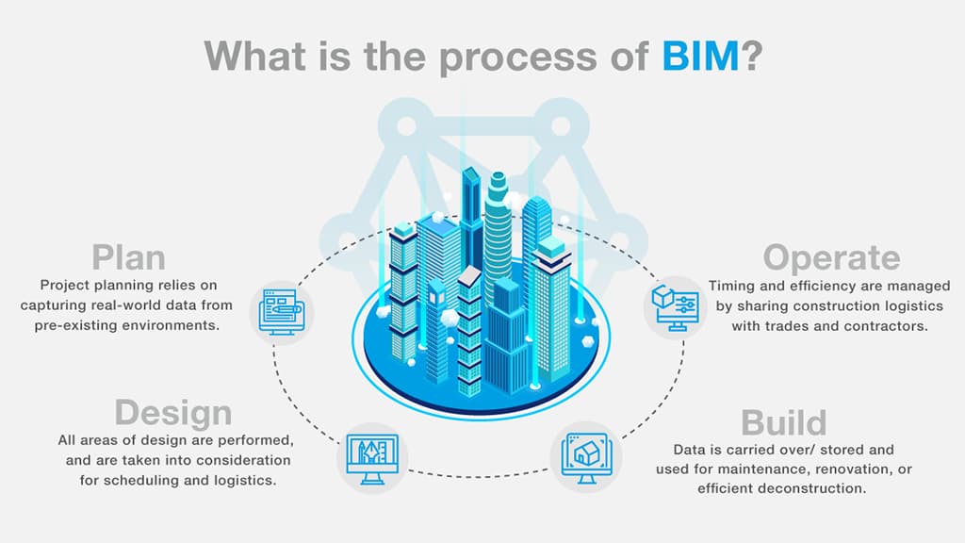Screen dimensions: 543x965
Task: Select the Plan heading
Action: pyautogui.click(x=128, y=257)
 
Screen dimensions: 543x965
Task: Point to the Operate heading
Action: pyautogui.click(x=831, y=257)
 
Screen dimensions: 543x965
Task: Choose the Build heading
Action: pyautogui.click(x=783, y=421)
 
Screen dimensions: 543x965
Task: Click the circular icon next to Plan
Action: pyautogui.click(x=282, y=311)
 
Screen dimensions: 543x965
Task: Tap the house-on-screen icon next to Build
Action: pyautogui.click(x=585, y=455)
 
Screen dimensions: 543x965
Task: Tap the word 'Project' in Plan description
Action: pyautogui.click(x=65, y=285)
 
